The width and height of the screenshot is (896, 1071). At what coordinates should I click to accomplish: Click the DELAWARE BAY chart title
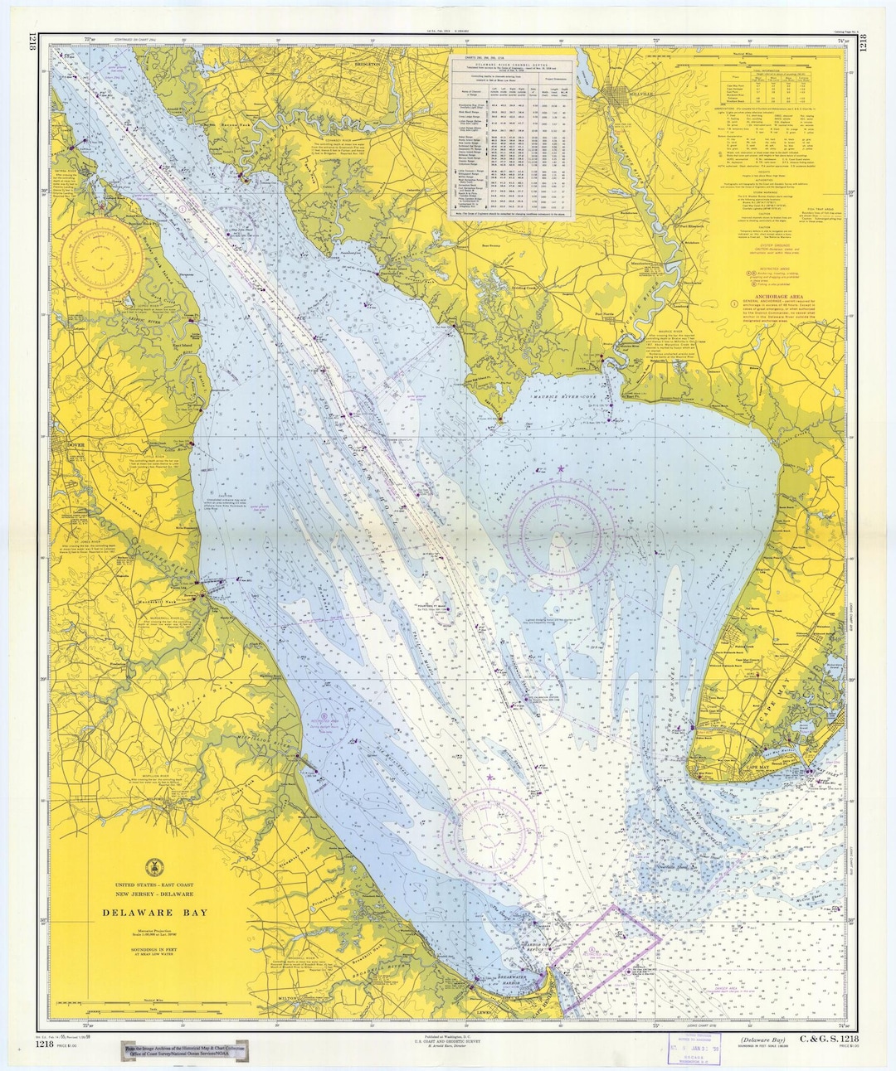coord(155,913)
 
